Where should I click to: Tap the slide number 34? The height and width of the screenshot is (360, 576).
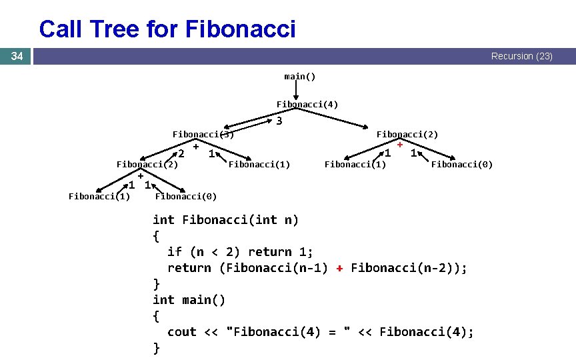(17, 57)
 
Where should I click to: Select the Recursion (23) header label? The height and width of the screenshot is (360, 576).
(521, 57)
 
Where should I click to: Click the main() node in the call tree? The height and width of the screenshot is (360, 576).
(300, 76)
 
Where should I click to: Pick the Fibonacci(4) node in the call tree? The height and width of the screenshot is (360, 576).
(307, 104)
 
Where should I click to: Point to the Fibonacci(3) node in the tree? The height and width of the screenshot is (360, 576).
(203, 134)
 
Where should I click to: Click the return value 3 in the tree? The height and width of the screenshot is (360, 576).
(279, 121)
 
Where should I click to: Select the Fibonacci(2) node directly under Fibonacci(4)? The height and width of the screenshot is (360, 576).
(407, 134)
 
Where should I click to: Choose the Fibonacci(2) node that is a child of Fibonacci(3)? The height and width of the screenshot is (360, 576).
(147, 164)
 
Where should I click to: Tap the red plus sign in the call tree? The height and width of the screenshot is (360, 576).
(399, 143)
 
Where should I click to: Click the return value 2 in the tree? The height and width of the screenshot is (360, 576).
(181, 154)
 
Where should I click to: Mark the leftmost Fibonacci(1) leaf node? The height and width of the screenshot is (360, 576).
(99, 195)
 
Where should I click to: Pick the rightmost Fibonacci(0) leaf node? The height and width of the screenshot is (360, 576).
(462, 164)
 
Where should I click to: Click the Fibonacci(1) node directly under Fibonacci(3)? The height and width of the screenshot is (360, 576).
(259, 164)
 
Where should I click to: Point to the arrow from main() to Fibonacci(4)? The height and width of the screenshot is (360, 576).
(295, 90)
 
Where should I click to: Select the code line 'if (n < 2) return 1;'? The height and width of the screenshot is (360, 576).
(240, 251)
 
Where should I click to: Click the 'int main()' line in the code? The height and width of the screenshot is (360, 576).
(189, 300)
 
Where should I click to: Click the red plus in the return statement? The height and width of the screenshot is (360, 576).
(339, 268)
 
